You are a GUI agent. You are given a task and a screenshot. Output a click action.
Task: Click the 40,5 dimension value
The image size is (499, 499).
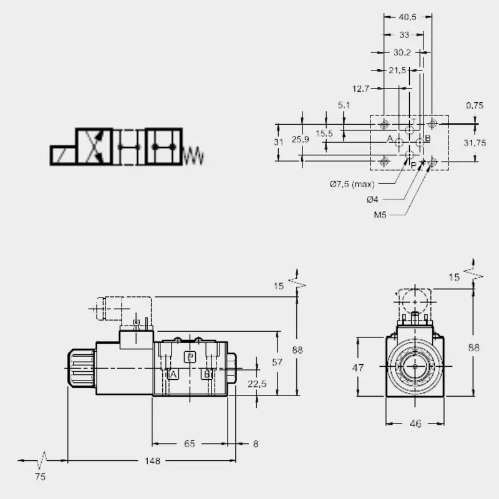pyautogui.click(x=407, y=17)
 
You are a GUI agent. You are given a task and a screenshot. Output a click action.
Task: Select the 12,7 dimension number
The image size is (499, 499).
pyautogui.click(x=361, y=89)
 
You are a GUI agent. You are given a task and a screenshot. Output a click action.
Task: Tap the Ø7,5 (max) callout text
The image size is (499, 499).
pyautogui.click(x=352, y=184)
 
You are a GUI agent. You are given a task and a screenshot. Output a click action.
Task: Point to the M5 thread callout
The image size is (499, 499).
pyautogui.click(x=380, y=215)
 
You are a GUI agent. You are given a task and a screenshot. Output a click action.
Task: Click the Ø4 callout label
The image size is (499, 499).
pyautogui.click(x=372, y=200)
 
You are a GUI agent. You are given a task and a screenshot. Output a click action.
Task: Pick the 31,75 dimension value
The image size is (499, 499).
pyautogui.click(x=475, y=143)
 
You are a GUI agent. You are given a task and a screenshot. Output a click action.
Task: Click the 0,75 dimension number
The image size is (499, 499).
pyautogui.click(x=475, y=105)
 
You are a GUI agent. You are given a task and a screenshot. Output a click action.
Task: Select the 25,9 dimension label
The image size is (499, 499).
pyautogui.click(x=300, y=139)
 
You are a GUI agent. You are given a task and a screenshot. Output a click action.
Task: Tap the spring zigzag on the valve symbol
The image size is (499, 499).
pyautogui.click(x=193, y=156)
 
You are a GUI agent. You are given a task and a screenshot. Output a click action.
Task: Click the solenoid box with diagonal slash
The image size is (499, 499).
pyautogui.click(x=63, y=155)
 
